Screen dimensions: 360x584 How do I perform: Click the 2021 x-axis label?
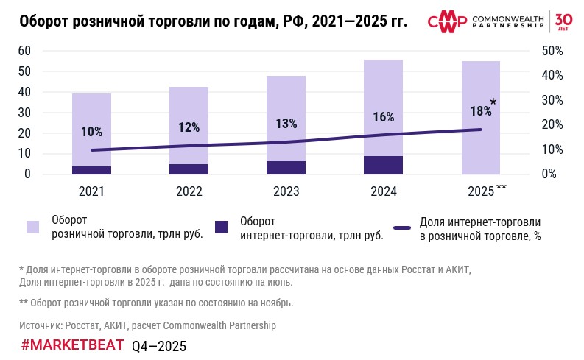[91, 191]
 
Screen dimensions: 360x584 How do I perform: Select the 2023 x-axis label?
[286, 191]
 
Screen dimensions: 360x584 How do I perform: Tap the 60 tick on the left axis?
[24, 51]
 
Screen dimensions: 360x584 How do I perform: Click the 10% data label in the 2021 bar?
[91, 132]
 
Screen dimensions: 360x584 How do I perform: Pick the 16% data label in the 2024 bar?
[383, 117]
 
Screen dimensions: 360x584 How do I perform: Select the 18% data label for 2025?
[480, 111]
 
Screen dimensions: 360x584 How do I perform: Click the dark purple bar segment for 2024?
[383, 165]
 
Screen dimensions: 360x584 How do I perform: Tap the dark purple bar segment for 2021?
[91, 170]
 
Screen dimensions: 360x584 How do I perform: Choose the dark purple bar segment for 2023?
[286, 168]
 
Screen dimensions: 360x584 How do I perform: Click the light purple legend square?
[33, 227]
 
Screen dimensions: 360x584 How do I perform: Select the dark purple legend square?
[222, 227]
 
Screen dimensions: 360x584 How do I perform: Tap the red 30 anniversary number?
[563, 18]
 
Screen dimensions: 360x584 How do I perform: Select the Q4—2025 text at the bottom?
[159, 346]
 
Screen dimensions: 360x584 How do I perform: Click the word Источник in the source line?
[41, 325]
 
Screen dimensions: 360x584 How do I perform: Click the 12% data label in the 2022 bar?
[189, 127]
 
